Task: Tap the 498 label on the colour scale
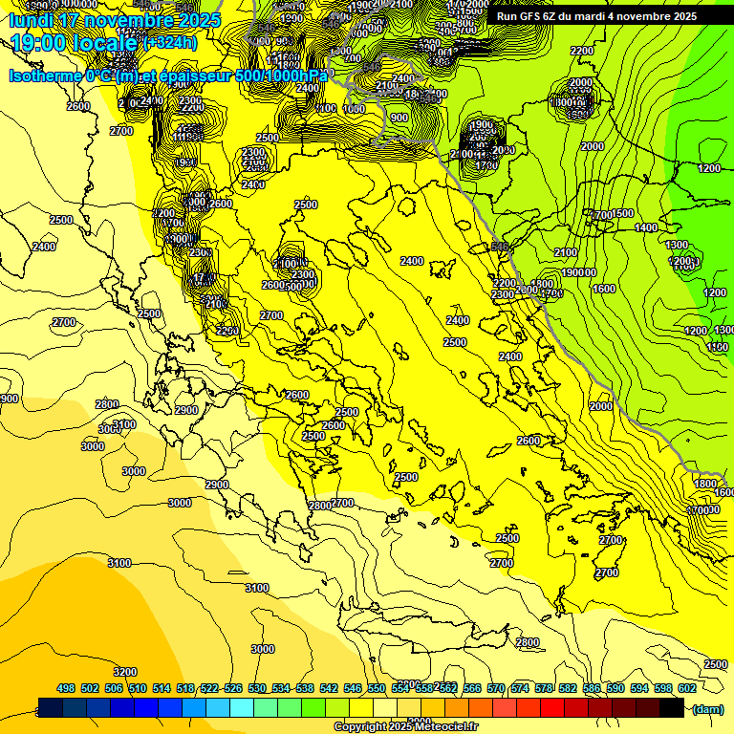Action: tap(66, 688)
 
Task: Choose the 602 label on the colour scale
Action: tap(686, 688)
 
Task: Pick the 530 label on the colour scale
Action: tap(257, 688)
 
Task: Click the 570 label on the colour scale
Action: tap(496, 688)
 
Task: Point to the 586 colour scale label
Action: tap(592, 688)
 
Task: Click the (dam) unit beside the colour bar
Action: tap(707, 710)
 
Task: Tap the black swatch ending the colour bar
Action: tap(672, 708)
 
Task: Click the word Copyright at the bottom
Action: tap(360, 727)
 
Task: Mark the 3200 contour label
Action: tap(125, 672)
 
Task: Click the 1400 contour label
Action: tap(646, 227)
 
